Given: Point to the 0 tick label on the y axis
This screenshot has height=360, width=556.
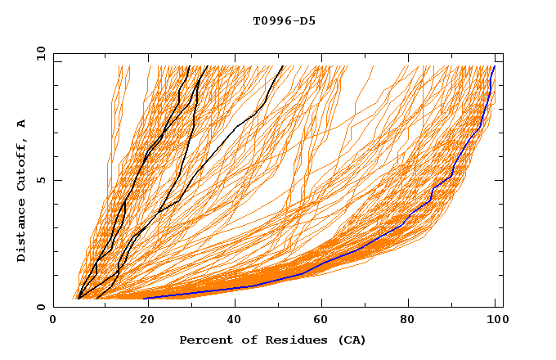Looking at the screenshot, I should pyautogui.click(x=41, y=307).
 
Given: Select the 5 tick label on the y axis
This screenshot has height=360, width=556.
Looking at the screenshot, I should pyautogui.click(x=41, y=180).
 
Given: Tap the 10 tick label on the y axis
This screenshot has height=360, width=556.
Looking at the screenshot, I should pyautogui.click(x=38, y=53).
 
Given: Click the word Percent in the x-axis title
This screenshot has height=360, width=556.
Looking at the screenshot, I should pyautogui.click(x=205, y=340).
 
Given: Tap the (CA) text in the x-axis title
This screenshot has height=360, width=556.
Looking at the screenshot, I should pyautogui.click(x=352, y=340).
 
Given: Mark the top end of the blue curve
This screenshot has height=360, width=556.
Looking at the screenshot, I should pyautogui.click(x=494, y=66).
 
